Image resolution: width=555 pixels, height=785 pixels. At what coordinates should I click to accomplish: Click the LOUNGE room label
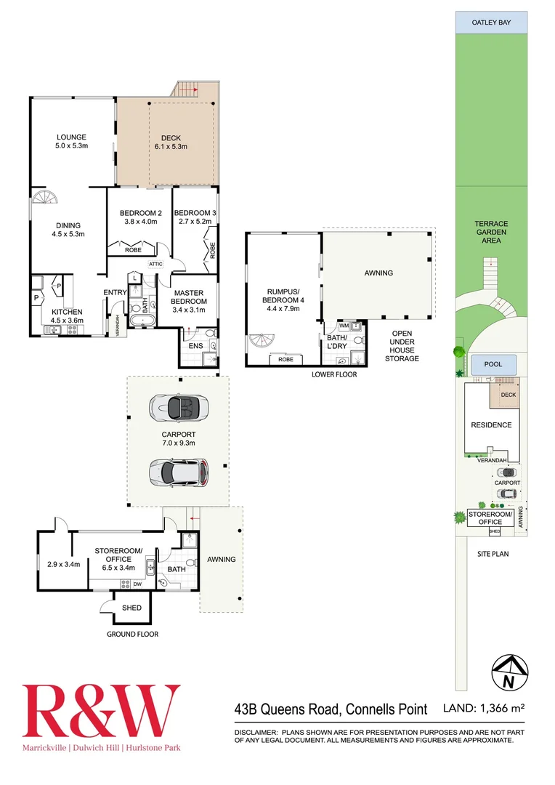click(72, 141)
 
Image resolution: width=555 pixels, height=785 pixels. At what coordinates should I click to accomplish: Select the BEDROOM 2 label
click(140, 217)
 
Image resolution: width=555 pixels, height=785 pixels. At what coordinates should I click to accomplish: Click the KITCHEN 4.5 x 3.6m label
click(68, 315)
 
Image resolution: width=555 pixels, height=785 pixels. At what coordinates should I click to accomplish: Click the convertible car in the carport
click(179, 407)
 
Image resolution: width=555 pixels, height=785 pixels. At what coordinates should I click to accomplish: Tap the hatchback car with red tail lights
click(179, 473)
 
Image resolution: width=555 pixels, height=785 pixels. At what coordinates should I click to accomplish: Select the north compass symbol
click(509, 672)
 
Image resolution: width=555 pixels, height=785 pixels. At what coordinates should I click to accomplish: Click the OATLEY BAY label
click(491, 23)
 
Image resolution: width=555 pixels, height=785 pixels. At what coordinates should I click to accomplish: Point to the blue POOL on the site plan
click(494, 366)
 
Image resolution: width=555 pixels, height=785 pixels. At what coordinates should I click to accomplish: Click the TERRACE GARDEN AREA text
click(491, 232)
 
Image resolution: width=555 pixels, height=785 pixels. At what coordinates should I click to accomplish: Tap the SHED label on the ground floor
click(131, 608)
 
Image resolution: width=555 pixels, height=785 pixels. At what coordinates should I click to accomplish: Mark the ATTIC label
click(155, 265)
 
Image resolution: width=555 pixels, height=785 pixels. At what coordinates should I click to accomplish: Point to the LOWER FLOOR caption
click(333, 374)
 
